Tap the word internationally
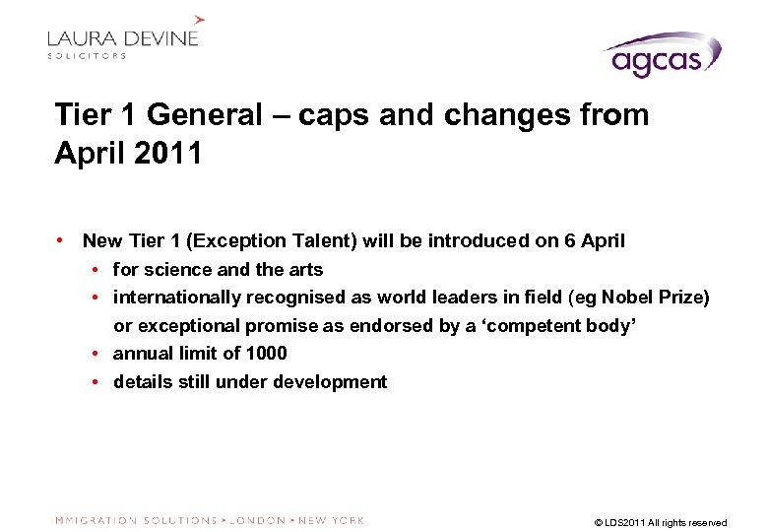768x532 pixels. coord(177,297)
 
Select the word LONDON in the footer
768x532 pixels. coord(257,520)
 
